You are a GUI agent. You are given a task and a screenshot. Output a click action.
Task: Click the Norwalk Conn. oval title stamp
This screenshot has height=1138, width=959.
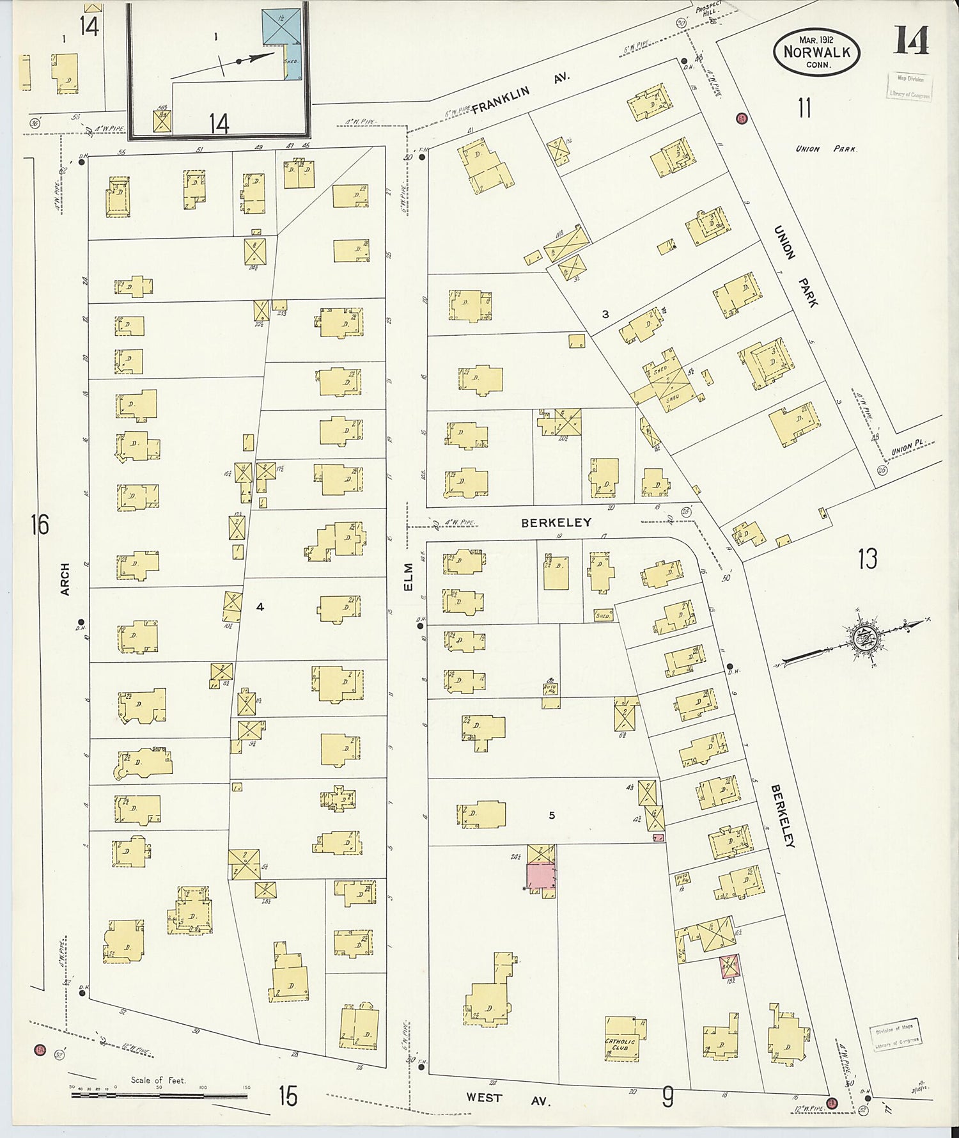pyautogui.click(x=816, y=52)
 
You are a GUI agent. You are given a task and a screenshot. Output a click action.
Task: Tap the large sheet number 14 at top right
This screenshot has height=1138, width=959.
pyautogui.click(x=910, y=41)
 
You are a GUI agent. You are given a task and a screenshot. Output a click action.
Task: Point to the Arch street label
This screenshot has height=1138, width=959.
pyautogui.click(x=65, y=580)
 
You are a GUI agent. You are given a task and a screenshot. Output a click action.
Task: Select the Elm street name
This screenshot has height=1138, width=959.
pyautogui.click(x=409, y=577)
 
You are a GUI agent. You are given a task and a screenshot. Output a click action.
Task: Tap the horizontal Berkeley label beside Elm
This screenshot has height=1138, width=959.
pyautogui.click(x=556, y=523)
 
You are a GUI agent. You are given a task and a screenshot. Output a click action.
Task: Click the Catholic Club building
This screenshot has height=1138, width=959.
pyautogui.click(x=621, y=1045)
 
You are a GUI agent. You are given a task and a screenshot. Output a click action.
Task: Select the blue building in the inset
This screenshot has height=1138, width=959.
pyautogui.click(x=281, y=27)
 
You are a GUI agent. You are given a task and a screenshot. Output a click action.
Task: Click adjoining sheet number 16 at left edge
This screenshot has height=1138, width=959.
pyautogui.click(x=40, y=525)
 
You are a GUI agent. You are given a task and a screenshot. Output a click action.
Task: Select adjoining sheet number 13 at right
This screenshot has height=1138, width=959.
pyautogui.click(x=867, y=559)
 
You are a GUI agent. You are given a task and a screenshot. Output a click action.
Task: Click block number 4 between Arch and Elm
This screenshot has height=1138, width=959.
pyautogui.click(x=260, y=606)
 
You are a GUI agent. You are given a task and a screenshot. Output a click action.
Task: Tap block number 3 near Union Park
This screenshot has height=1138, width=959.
pyautogui.click(x=605, y=314)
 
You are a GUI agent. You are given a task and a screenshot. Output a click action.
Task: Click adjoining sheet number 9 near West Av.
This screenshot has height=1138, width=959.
pyautogui.click(x=667, y=1098)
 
